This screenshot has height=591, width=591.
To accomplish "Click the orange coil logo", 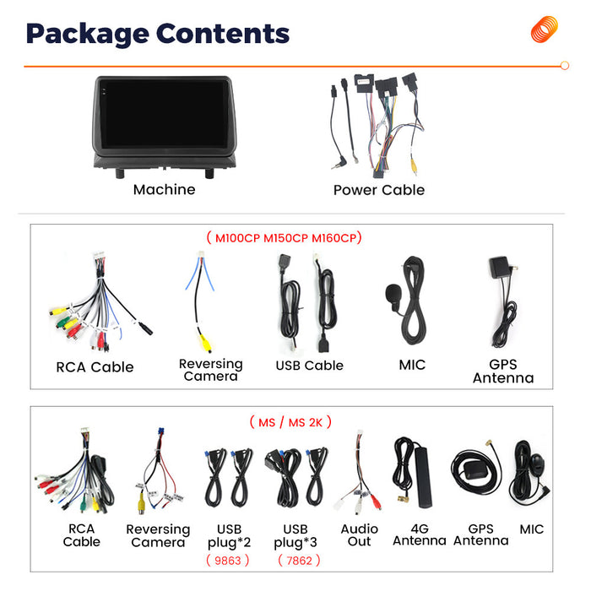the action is [544, 30].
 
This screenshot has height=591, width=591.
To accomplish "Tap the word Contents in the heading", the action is [223, 34].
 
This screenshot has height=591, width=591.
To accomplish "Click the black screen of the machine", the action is [164, 114].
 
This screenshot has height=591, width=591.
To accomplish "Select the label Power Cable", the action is [379, 190].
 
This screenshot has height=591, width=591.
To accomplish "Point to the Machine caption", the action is [165, 190].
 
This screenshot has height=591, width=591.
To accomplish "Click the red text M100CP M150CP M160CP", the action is [285, 238].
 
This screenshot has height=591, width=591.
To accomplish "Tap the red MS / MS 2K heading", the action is [290, 422].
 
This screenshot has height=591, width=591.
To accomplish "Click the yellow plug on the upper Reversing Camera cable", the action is [205, 344].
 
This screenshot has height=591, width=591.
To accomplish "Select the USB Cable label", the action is [310, 366].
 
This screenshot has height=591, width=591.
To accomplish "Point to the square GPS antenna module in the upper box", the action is [499, 267].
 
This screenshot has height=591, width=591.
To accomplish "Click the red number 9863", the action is [228, 561].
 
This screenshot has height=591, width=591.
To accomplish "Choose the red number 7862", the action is [299, 561].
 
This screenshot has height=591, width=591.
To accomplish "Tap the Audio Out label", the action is [359, 535].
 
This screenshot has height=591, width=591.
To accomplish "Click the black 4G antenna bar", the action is [424, 477].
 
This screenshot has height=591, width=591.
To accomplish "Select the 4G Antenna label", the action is [420, 534].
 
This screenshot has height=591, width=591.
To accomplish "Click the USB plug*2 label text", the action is [229, 535].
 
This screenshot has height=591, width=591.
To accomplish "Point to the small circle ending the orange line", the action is [565, 66].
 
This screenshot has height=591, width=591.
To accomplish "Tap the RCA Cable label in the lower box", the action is [81, 535].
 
